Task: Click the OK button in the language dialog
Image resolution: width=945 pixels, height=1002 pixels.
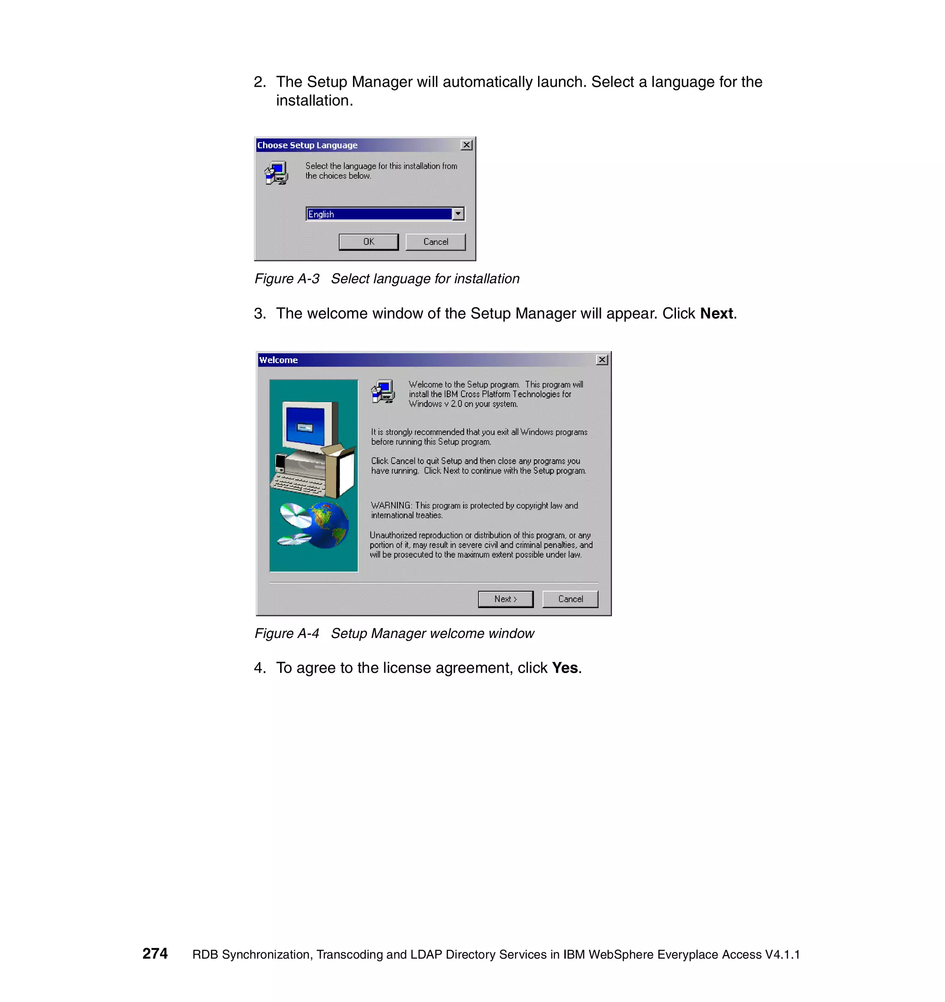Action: coord(368,242)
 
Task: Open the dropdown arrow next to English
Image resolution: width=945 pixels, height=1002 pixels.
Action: coord(458,214)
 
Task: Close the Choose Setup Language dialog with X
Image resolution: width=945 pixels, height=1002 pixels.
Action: coord(466,145)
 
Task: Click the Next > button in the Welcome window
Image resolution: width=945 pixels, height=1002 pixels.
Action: coord(505,599)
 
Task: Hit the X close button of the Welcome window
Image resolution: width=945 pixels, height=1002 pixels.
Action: coord(602,360)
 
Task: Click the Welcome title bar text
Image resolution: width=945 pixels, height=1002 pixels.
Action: coord(278,360)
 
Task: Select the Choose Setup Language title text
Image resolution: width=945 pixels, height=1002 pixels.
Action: coord(307,145)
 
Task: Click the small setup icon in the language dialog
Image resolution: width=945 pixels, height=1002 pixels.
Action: coord(276,173)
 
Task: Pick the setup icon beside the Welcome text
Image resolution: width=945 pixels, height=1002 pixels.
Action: coord(383,392)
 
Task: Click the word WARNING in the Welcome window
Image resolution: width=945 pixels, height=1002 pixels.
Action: coord(391,506)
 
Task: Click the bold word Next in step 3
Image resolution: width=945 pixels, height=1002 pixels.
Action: coord(716,314)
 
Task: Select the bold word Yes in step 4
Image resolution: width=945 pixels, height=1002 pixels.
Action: coord(564,668)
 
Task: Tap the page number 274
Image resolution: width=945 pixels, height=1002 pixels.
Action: coord(155,954)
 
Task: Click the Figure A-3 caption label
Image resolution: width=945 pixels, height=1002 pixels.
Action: coord(287,279)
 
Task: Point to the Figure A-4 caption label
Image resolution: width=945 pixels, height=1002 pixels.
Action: coord(287,633)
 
